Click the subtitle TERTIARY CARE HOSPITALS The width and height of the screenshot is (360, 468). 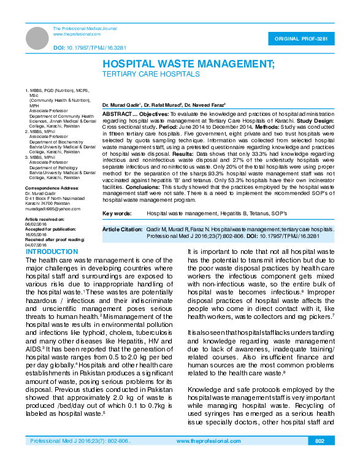pyautogui.click(x=150, y=74)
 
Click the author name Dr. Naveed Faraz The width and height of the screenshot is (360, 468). pyautogui.click(x=207, y=105)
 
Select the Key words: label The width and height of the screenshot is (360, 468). pyautogui.click(x=117, y=213)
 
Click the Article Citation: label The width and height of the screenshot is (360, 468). pyautogui.click(x=122, y=228)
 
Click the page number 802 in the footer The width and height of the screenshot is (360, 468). pyautogui.click(x=320, y=441)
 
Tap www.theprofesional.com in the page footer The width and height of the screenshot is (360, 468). pyautogui.click(x=209, y=441)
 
